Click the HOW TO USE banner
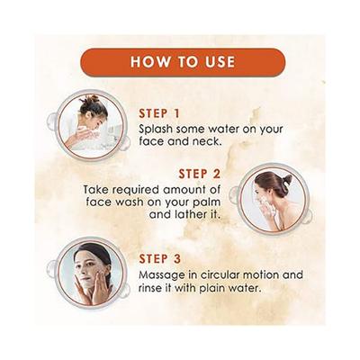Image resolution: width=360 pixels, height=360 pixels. point(183,62)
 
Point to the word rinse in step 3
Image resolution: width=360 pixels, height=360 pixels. point(155,288)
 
